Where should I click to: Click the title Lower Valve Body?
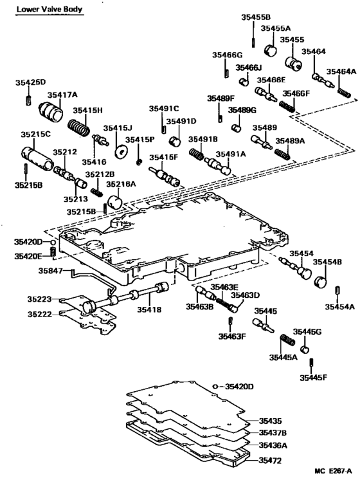50,9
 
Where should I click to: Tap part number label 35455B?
256,17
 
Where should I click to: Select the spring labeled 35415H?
79,127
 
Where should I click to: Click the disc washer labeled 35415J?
122,152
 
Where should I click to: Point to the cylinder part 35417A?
51,112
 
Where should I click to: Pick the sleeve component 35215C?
37,158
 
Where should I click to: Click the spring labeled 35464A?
344,93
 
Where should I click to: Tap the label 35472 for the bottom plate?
270,460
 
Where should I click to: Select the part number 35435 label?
270,421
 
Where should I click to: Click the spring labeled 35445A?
288,340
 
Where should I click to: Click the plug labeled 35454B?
321,281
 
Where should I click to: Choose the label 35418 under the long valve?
149,309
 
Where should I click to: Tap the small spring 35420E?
53,252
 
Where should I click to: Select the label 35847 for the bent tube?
50,271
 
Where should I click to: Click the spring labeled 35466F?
287,107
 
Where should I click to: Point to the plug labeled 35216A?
115,202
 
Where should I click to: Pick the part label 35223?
39,299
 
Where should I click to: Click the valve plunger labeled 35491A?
218,167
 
